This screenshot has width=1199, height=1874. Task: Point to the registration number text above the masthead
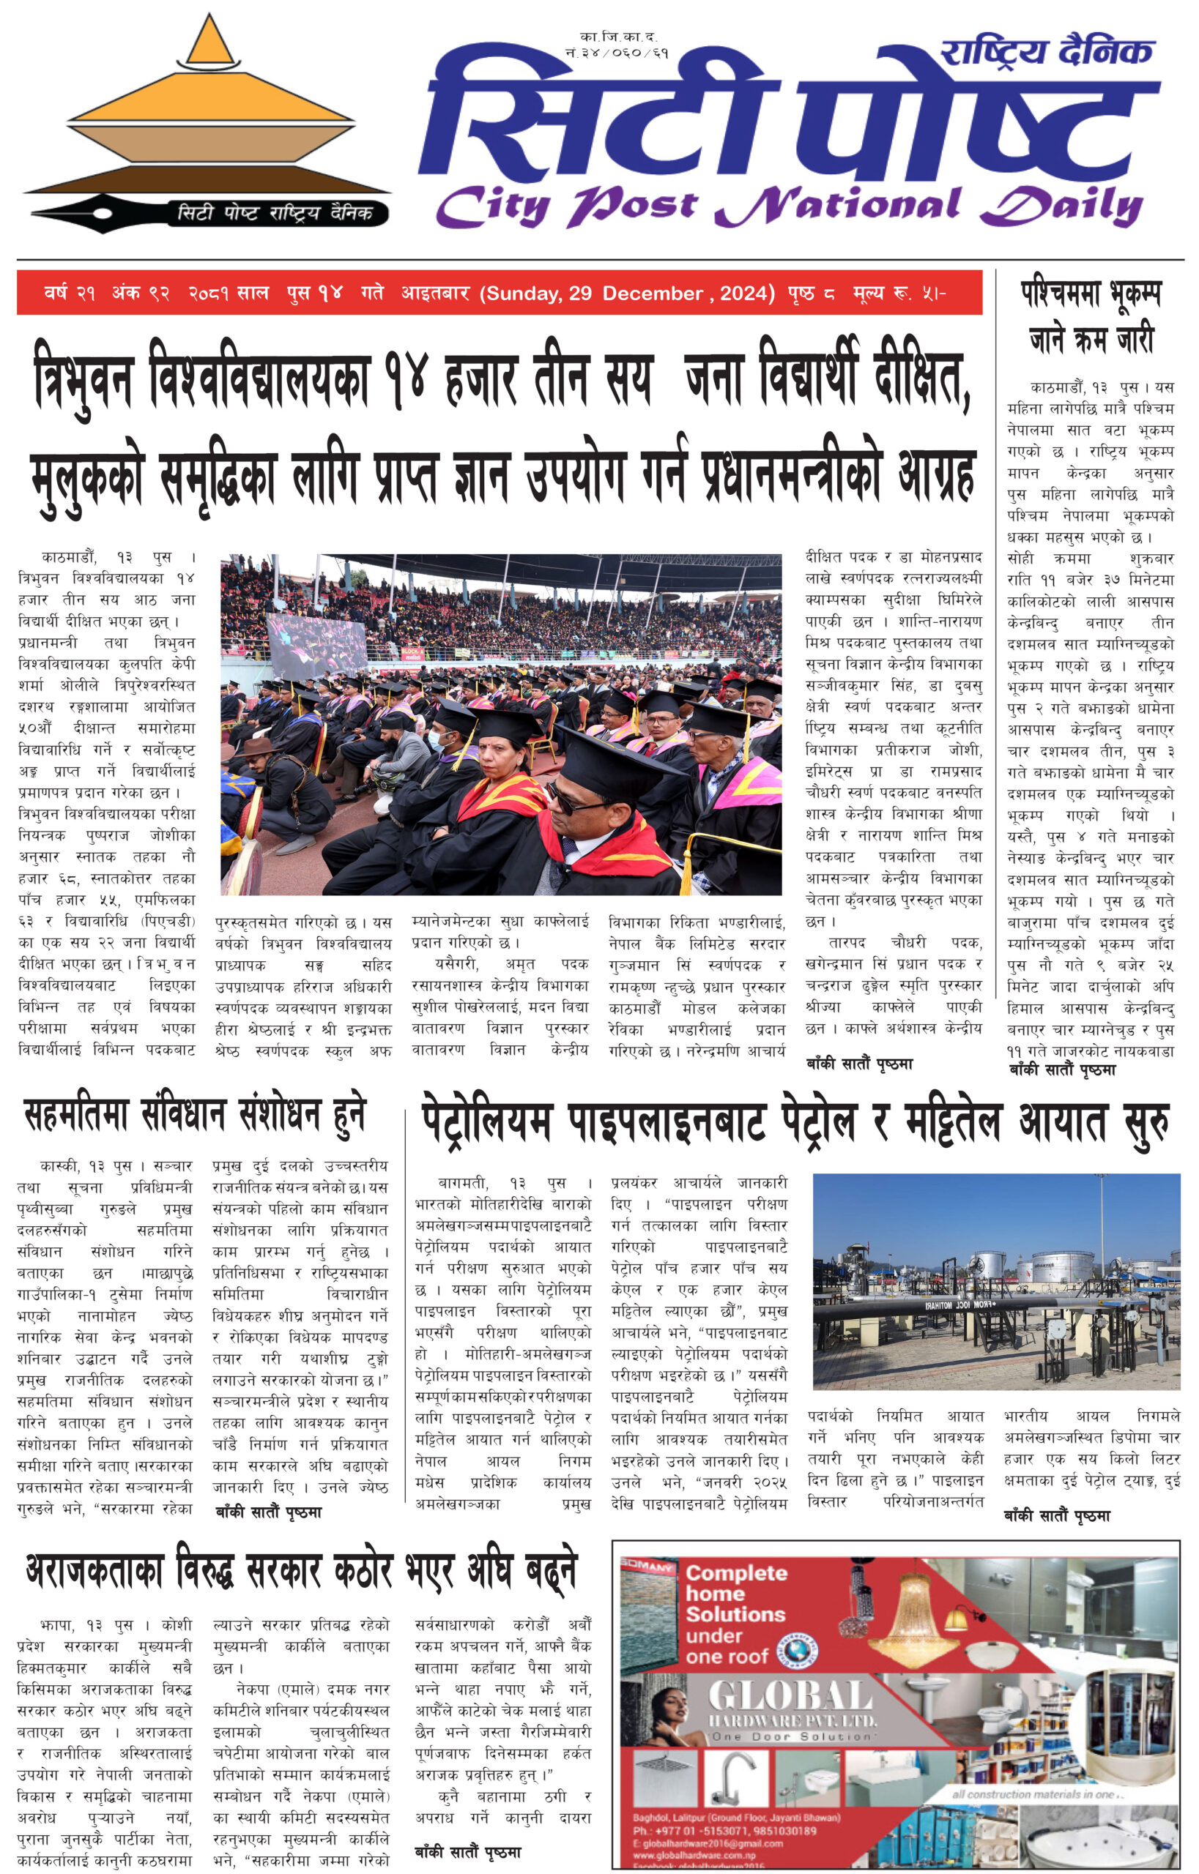coord(618,45)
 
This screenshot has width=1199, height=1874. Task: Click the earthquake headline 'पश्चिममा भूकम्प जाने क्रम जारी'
coord(1090,317)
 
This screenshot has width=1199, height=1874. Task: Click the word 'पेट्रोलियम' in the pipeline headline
coord(486,1121)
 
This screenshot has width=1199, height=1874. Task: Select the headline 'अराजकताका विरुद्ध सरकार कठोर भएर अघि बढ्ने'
coord(300,1570)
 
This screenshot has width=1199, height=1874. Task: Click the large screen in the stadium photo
coord(316,648)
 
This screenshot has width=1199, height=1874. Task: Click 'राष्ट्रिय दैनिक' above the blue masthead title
coord(1047,53)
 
